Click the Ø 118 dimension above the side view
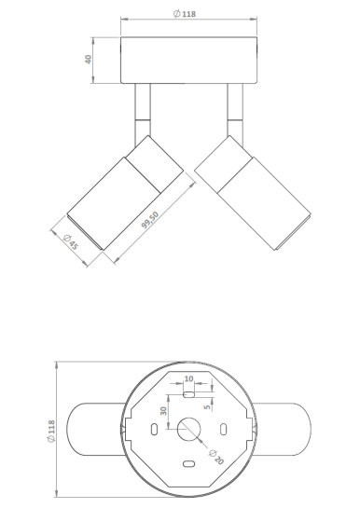pyautogui.click(x=185, y=14)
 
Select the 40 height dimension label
pyautogui.click(x=88, y=60)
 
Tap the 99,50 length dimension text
pyautogui.click(x=150, y=220)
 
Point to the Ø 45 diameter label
pyautogui.click(x=71, y=241)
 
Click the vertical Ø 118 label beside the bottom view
pyautogui.click(x=51, y=432)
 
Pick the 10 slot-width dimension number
pyautogui.click(x=188, y=378)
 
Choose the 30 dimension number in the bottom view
pyautogui.click(x=163, y=411)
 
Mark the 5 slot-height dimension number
pyautogui.click(x=207, y=407)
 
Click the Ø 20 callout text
pyautogui.click(x=216, y=457)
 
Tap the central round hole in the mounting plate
pyautogui.click(x=189, y=430)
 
